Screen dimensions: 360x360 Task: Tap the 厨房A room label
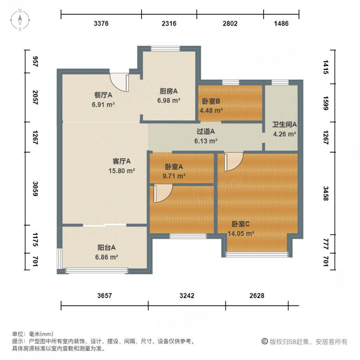(168, 91)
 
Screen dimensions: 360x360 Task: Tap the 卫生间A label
(284, 124)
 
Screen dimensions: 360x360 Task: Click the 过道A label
(206, 131)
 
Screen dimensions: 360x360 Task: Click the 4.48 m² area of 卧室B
(211, 110)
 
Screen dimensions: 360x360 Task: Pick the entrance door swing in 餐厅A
(120, 82)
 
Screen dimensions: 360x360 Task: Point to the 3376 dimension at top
(101, 24)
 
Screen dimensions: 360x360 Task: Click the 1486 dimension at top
(281, 24)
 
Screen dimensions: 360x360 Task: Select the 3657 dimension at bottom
(104, 296)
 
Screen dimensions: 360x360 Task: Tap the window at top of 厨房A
(165, 49)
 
